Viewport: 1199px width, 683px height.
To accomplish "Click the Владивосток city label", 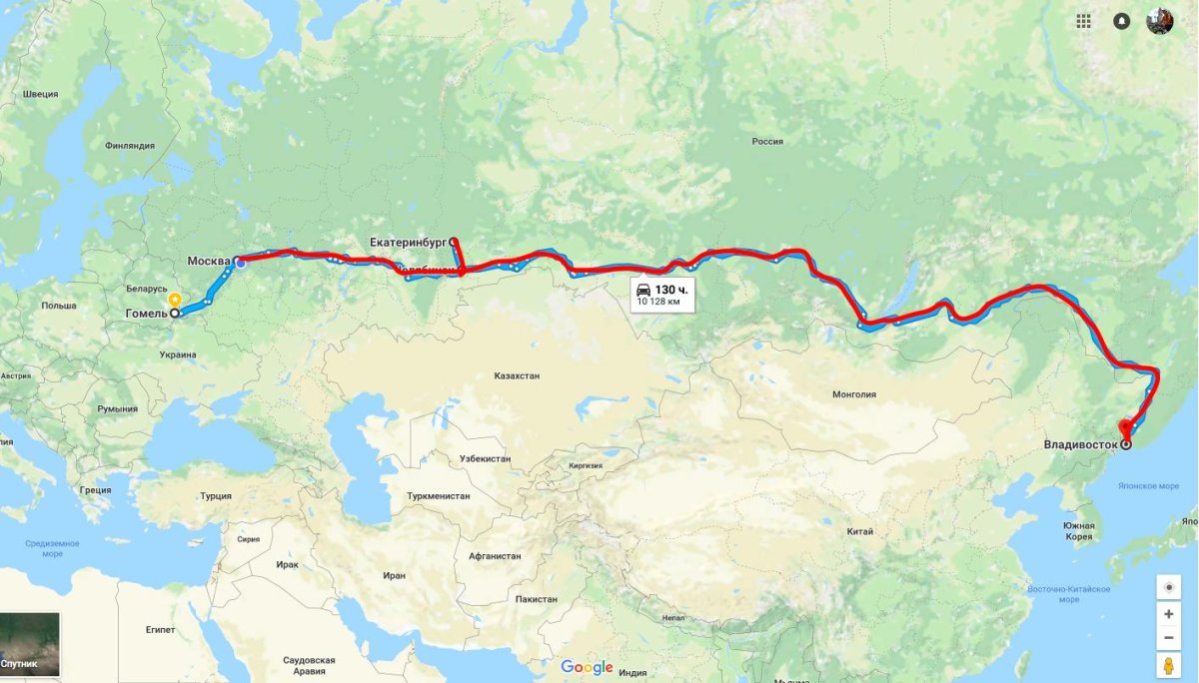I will pyautogui.click(x=1080, y=443).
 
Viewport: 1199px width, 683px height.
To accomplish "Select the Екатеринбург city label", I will pyautogui.click(x=408, y=242).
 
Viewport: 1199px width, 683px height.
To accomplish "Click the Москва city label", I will pyautogui.click(x=210, y=262).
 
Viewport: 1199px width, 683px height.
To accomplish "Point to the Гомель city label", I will pyautogui.click(x=145, y=313).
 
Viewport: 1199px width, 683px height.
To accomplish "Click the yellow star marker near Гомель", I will pyautogui.click(x=175, y=299).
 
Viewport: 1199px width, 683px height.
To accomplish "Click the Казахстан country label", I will pyautogui.click(x=517, y=376).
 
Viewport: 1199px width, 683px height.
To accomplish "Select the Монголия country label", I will pyautogui.click(x=853, y=394).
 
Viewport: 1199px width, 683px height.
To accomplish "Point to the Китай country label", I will pyautogui.click(x=860, y=531).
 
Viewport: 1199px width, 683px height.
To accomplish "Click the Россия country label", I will pyautogui.click(x=767, y=142).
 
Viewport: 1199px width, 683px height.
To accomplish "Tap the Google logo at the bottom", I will pyautogui.click(x=587, y=667).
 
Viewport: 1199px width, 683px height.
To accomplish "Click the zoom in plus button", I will pyautogui.click(x=1168, y=613).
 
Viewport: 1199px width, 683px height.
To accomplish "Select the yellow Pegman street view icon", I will pyautogui.click(x=1168, y=666).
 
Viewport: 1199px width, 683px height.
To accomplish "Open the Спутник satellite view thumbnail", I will pyautogui.click(x=30, y=645).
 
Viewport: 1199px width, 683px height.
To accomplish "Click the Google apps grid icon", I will pyautogui.click(x=1084, y=21).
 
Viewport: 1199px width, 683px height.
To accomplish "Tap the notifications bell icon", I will pyautogui.click(x=1122, y=21).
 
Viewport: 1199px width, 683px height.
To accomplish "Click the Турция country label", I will pyautogui.click(x=215, y=496).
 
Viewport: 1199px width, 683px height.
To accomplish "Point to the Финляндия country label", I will pyautogui.click(x=130, y=146).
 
